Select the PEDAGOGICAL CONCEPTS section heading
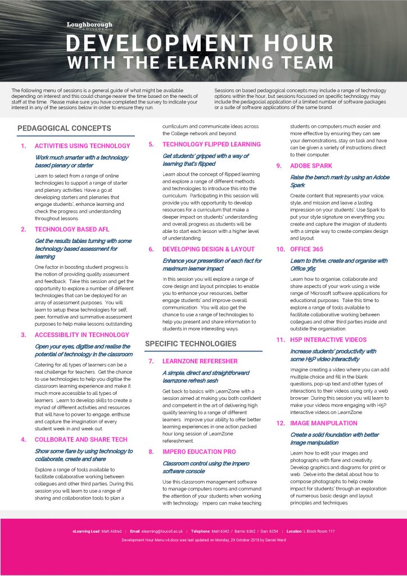pyautogui.click(x=64, y=128)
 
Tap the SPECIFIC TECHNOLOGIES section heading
pyautogui.click(x=191, y=344)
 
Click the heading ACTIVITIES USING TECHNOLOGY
pyautogui.click(x=82, y=146)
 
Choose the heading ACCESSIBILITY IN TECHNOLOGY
pyautogui.click(x=82, y=335)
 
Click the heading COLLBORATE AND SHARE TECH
pyautogui.click(x=81, y=439)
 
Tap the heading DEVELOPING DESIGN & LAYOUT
pyautogui.click(x=209, y=249)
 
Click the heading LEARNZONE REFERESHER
pyautogui.click(x=200, y=361)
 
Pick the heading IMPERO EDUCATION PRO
pyautogui.click(x=199, y=452)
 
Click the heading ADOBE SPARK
pyautogui.click(x=311, y=166)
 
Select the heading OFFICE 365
pyautogui.click(x=308, y=249)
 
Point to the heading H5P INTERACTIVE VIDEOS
pyautogui.click(x=328, y=340)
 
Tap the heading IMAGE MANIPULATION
pyautogui.click(x=324, y=423)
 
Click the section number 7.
pyautogui.click(x=151, y=361)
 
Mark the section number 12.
pyautogui.click(x=280, y=423)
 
